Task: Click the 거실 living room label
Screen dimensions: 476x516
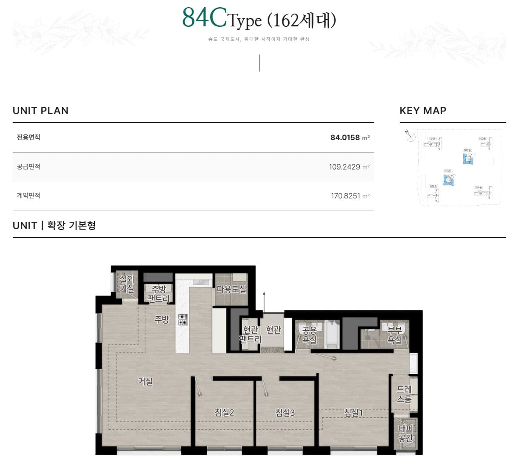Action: click(145, 381)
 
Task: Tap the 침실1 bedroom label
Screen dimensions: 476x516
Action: click(353, 413)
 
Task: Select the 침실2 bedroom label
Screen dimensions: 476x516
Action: click(224, 413)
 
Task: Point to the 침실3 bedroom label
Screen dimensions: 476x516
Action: click(285, 413)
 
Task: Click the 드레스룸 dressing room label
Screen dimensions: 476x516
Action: click(404, 394)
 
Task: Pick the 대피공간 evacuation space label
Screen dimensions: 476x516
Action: click(405, 433)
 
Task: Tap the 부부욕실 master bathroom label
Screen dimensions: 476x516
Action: click(395, 335)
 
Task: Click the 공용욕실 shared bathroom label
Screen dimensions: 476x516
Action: click(309, 335)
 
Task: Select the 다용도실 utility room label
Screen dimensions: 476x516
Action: click(231, 289)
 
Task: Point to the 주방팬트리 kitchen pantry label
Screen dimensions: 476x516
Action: click(158, 294)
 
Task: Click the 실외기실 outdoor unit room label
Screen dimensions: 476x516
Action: click(127, 284)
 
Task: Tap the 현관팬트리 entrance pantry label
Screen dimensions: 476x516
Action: click(250, 335)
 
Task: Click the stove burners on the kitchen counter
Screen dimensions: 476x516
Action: click(182, 320)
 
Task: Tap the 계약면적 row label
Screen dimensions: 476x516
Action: click(29, 195)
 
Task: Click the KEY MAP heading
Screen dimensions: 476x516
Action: click(423, 111)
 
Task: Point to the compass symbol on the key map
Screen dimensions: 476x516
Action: click(410, 136)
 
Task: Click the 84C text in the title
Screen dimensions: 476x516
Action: click(204, 18)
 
